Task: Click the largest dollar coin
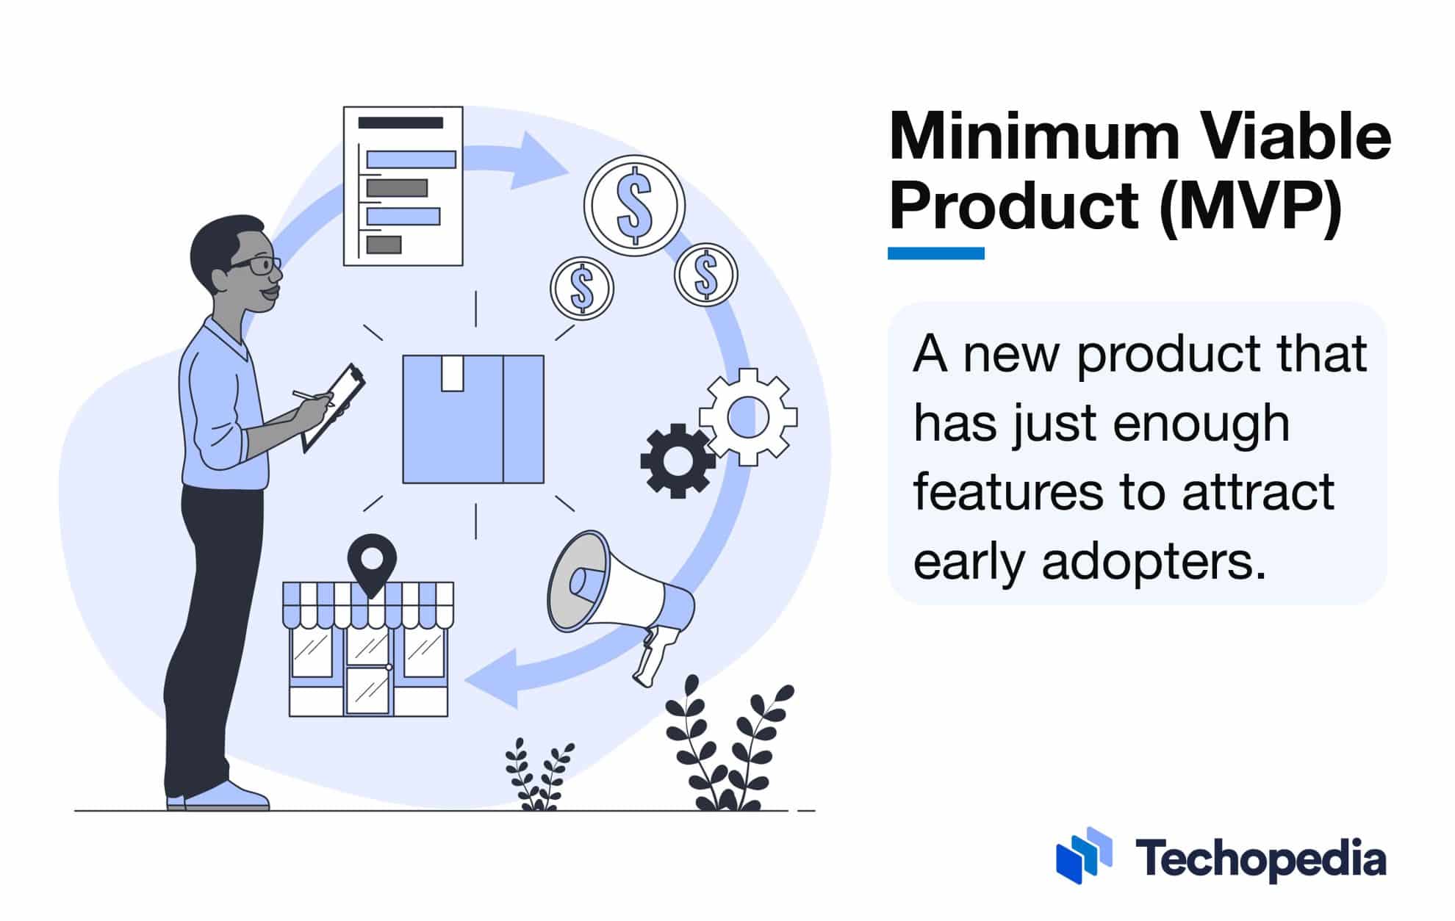click(634, 206)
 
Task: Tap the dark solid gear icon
click(678, 460)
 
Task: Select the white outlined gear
click(748, 417)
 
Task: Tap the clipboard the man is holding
click(334, 407)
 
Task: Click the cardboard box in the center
click(473, 419)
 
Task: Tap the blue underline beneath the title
click(935, 253)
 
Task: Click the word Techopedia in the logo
click(1260, 858)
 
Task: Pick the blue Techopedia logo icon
click(1084, 855)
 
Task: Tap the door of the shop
click(367, 689)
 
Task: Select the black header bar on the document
click(400, 123)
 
